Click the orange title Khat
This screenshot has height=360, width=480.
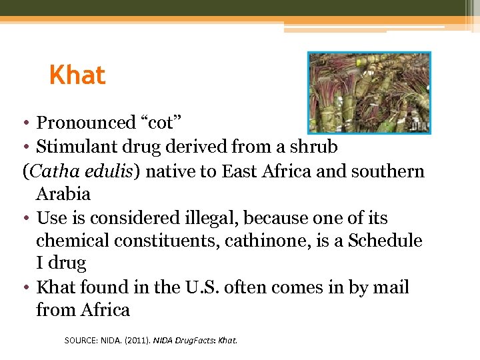pyautogui.click(x=77, y=75)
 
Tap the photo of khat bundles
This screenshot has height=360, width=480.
pyautogui.click(x=369, y=93)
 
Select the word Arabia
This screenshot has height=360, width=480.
pyautogui.click(x=63, y=195)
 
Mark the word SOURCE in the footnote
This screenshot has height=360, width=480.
pyautogui.click(x=79, y=340)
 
